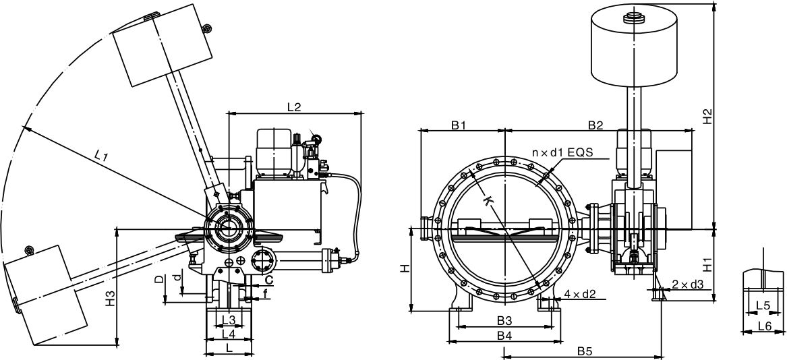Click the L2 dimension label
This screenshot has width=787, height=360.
293,107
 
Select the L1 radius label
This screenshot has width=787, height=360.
102,156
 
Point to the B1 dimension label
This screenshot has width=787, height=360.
460,125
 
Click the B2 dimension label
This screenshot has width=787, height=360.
595,125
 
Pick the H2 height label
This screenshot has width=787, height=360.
707,116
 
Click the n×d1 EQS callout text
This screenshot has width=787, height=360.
562,152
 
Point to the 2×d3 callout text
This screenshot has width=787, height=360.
688,284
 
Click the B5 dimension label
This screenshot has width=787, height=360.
585,351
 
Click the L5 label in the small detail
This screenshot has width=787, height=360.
763,305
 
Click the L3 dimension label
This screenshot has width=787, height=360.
228,319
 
